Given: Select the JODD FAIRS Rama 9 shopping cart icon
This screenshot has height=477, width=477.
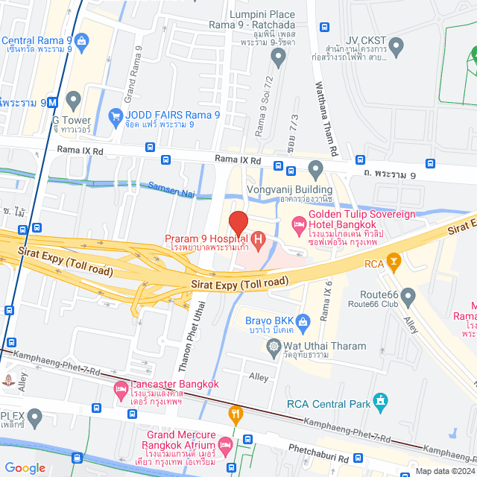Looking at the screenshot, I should (116, 116).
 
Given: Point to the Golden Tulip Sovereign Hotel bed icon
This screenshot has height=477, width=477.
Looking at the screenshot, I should (298, 223).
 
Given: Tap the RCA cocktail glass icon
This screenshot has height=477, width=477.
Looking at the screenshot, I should (394, 262).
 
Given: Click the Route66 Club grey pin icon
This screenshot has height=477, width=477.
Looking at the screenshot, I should (408, 297).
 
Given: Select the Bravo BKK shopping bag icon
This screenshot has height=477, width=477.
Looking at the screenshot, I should (303, 322).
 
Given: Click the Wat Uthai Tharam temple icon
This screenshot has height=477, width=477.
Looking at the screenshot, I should (274, 347).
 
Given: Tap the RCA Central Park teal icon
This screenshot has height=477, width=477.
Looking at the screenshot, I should (382, 403).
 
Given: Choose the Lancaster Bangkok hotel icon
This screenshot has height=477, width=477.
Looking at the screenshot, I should (120, 388).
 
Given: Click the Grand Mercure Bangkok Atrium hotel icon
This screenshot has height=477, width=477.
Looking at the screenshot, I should (225, 444).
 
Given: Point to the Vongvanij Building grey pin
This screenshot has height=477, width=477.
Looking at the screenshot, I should (315, 173).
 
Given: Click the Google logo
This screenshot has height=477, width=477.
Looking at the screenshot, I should (25, 467).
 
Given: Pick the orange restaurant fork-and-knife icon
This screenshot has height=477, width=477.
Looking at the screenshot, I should (236, 414).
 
